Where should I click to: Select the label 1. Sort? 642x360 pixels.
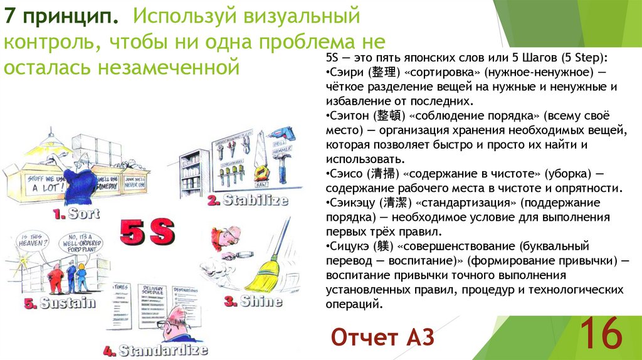pos(76,214)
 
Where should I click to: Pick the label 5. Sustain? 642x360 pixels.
pos(60,303)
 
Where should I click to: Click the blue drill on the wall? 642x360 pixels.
pos(279,135)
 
